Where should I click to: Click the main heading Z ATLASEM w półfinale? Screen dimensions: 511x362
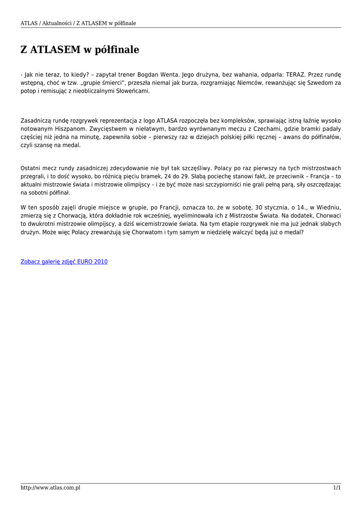tap(79, 50)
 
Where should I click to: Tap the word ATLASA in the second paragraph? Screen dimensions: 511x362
tap(170, 121)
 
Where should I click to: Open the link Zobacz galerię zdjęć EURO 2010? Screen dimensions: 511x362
tap(64, 261)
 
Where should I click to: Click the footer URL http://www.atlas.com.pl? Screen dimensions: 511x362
tap(50, 488)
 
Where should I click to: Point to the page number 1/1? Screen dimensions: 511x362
tap(337, 488)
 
